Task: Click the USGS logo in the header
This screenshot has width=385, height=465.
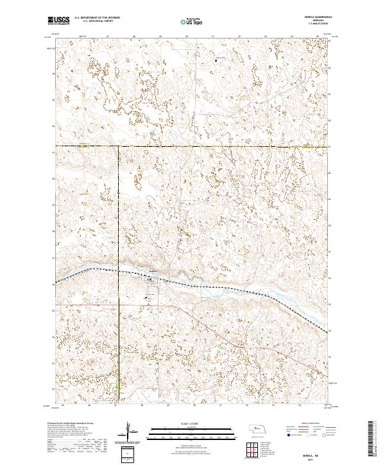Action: click(x=58, y=21)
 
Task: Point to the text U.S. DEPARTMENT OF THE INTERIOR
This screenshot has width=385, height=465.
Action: click(x=97, y=19)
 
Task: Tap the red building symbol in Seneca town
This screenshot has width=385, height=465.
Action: click(x=150, y=280)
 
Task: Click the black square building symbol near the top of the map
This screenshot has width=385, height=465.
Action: click(x=215, y=61)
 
